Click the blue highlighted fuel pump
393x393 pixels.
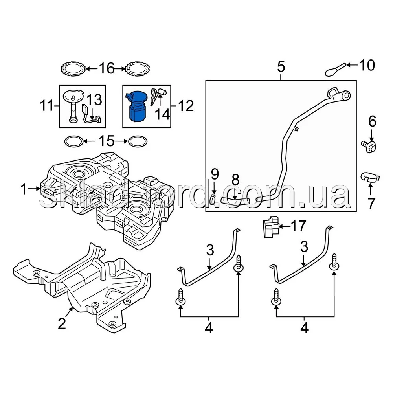pos(136,106)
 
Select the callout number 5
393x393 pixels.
pos(281,67)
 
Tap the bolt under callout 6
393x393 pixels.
pos(369,146)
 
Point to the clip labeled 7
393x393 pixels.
pos(370,177)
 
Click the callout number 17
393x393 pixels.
pos(298,226)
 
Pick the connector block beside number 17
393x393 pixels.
pos(271,227)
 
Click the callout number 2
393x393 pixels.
pos(62,323)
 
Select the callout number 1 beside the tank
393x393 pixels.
pos(24,189)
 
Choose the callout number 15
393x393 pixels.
pos(107,141)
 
